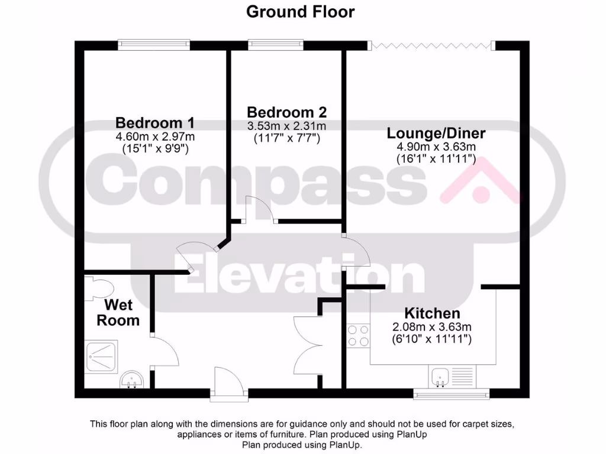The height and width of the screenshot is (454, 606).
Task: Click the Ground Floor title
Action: point(300,11)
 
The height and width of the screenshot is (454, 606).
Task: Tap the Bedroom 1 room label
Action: point(154,123)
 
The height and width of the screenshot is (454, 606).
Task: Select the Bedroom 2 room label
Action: point(286,112)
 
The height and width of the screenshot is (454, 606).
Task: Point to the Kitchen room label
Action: point(431,313)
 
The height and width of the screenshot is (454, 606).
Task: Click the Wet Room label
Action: point(118,313)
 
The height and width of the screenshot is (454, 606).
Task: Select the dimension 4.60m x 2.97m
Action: point(154,137)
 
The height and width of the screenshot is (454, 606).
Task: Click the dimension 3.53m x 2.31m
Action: point(286,126)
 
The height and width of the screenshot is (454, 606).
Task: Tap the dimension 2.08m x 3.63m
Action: point(431,327)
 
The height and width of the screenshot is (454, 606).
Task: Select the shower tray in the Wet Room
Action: point(102,356)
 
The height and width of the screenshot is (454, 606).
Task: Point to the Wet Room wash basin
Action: point(131,380)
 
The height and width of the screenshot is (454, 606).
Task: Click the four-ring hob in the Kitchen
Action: point(358,336)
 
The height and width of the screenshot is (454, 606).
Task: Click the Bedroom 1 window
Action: point(154,43)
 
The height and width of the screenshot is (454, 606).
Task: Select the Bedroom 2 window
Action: point(275,43)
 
